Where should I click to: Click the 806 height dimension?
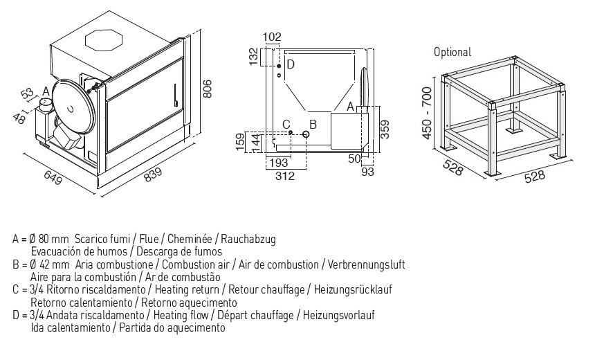coord(206,88)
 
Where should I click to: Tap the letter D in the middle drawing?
coord(291,64)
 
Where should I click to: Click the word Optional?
coord(452,52)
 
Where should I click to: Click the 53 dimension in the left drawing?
coord(27,93)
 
